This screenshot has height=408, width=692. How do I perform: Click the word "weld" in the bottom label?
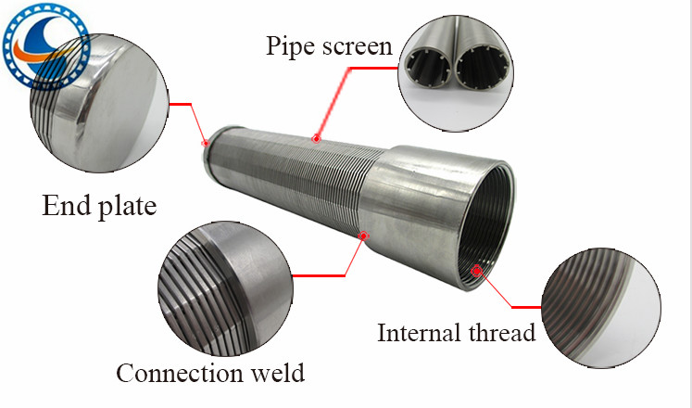[x=277, y=373]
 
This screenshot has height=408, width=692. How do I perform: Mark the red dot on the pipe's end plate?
[x=206, y=143]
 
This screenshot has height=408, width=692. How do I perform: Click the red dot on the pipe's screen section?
[x=316, y=139]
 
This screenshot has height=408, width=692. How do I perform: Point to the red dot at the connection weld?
[x=364, y=235]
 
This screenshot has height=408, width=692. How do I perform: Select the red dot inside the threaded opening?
[x=476, y=270]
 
